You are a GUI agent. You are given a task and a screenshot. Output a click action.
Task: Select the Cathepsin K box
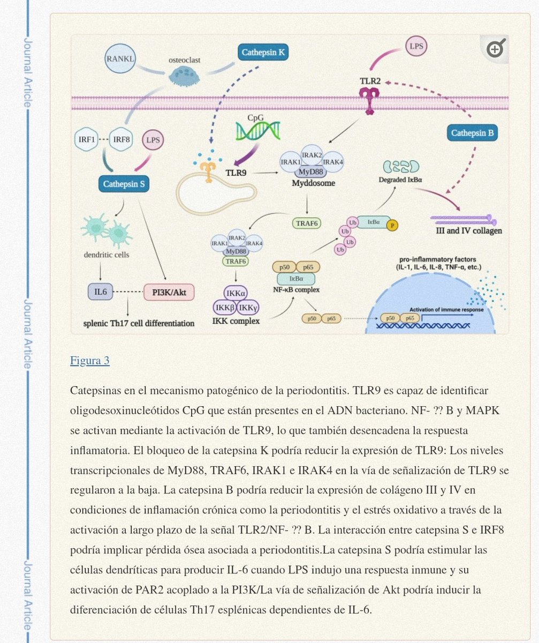[x=263, y=53]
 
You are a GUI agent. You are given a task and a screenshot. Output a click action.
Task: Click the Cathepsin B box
[x=472, y=132]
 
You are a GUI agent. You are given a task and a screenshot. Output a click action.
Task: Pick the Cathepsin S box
[x=124, y=184]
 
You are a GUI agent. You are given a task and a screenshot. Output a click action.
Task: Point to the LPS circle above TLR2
[x=416, y=47]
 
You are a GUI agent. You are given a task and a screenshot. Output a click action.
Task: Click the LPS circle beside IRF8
[x=153, y=140]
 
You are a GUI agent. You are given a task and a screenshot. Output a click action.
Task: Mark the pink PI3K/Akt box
[x=169, y=292]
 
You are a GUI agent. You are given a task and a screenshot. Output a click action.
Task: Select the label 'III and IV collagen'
[x=469, y=231]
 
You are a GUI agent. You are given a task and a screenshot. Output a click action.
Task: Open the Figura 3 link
[x=90, y=361]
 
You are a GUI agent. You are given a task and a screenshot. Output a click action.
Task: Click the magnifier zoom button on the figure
[x=495, y=49]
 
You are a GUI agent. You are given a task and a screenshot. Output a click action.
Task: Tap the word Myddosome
[x=314, y=183]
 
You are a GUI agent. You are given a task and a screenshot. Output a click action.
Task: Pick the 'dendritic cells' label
[x=106, y=255]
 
